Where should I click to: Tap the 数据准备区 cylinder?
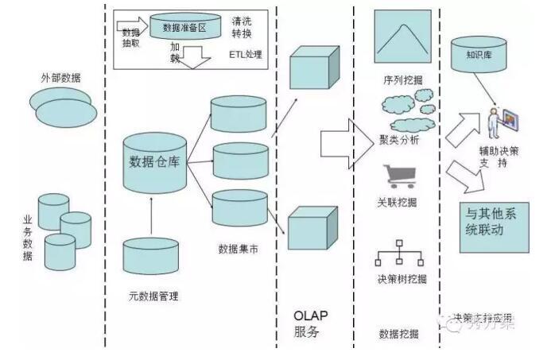tap(184, 28)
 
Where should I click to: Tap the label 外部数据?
tap(60, 78)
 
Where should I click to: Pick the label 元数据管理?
tap(153, 296)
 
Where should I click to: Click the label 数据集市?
tap(243, 249)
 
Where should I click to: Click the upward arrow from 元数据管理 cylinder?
tap(153, 215)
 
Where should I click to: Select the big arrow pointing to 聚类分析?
tap(341, 142)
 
